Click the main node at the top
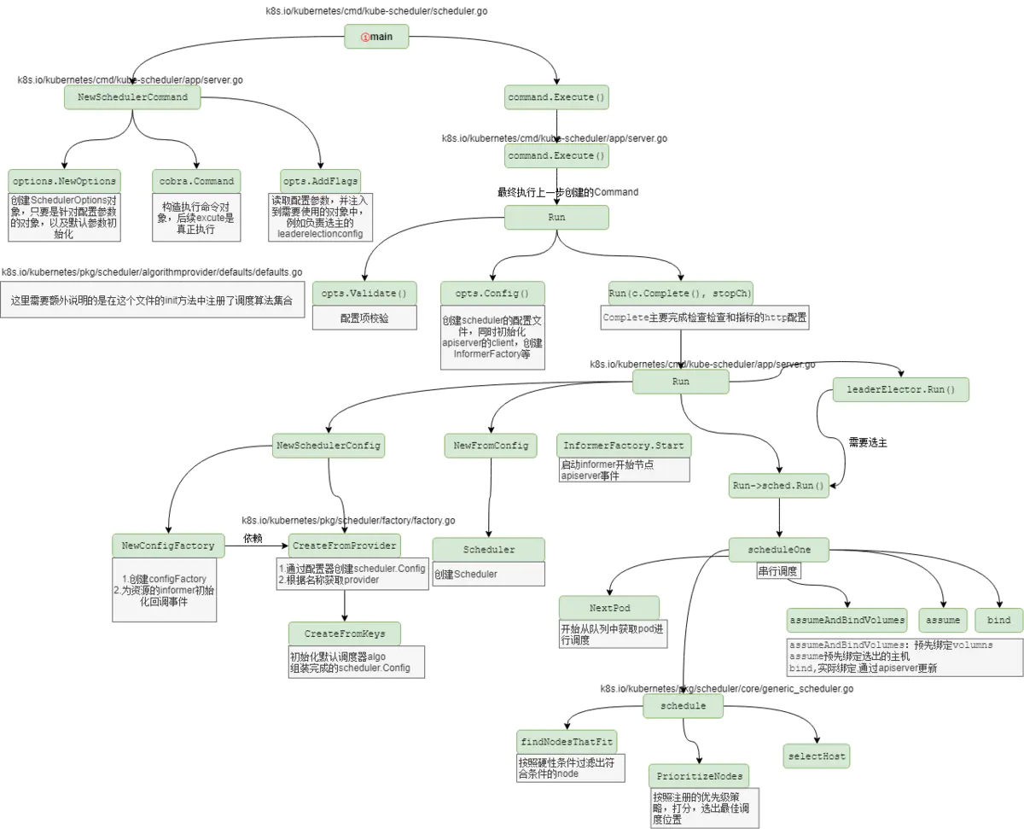point(376,36)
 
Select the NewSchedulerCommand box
point(132,97)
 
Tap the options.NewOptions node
point(64,181)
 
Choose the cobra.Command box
point(196,181)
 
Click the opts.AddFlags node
point(320,181)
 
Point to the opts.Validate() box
point(364,294)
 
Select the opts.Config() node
point(492,294)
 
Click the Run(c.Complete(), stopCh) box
point(681,294)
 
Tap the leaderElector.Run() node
point(901,389)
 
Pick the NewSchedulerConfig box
point(329,445)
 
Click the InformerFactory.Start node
point(623,446)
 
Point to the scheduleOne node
point(779,551)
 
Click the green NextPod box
point(609,608)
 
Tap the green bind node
point(998,621)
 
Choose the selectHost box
point(817,756)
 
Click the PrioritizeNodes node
point(699,776)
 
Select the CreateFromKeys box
point(345,633)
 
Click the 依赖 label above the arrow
point(253,539)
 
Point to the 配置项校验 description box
point(364,318)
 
